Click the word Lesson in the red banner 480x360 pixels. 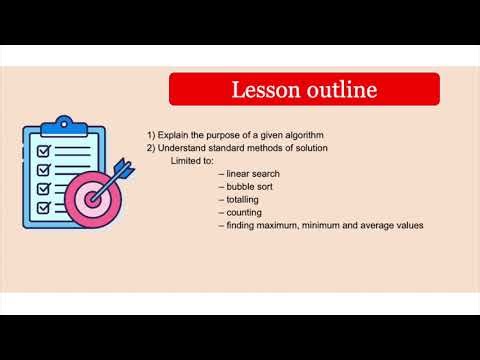coord(267,90)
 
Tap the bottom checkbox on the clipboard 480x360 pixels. coord(44,207)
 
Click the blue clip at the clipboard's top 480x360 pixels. coord(66,125)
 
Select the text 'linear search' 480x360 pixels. coord(254,173)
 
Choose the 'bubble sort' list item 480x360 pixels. coord(250,186)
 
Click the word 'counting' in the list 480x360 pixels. coord(244,212)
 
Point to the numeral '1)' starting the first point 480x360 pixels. coord(151,134)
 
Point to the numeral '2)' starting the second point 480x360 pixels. coord(151,147)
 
